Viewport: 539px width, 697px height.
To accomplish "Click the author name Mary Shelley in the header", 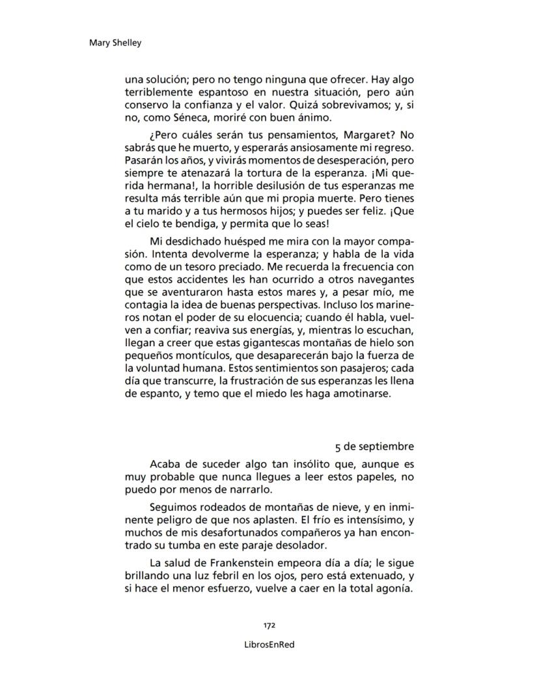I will pyautogui.click(x=115, y=43).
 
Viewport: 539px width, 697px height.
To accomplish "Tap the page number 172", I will pyautogui.click(x=269, y=625).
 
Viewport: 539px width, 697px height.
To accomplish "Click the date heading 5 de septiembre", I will pyautogui.click(x=374, y=447).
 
